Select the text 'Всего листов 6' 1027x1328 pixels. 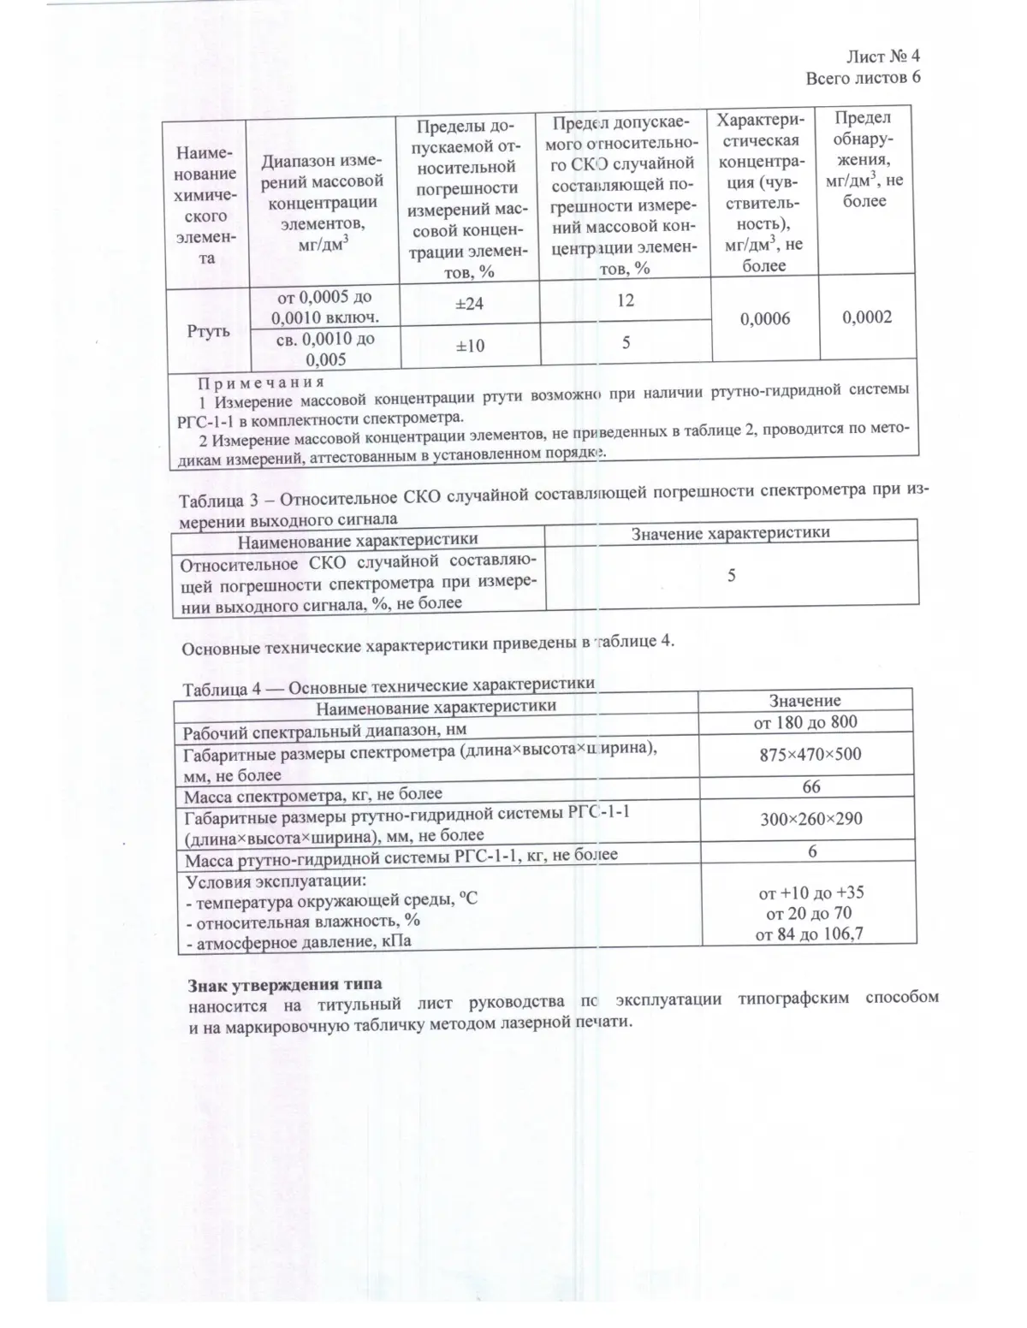pos(863,78)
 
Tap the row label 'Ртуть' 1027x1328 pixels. pos(208,330)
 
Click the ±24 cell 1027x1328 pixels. pos(468,303)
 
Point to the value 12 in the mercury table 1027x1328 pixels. pos(625,300)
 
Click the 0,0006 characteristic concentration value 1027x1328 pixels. pos(764,318)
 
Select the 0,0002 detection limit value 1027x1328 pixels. pos(866,317)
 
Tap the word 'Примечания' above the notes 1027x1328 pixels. pos(261,382)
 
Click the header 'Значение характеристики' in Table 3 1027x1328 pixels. pos(730,532)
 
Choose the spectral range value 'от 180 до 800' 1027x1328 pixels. pos(804,721)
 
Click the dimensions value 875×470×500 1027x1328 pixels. pos(810,754)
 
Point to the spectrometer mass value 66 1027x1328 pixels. pos(810,786)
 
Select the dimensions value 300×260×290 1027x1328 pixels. pos(810,819)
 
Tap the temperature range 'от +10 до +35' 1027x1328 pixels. pos(810,892)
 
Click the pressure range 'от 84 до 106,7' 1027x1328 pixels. pos(809,934)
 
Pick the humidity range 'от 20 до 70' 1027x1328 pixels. pos(809,913)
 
